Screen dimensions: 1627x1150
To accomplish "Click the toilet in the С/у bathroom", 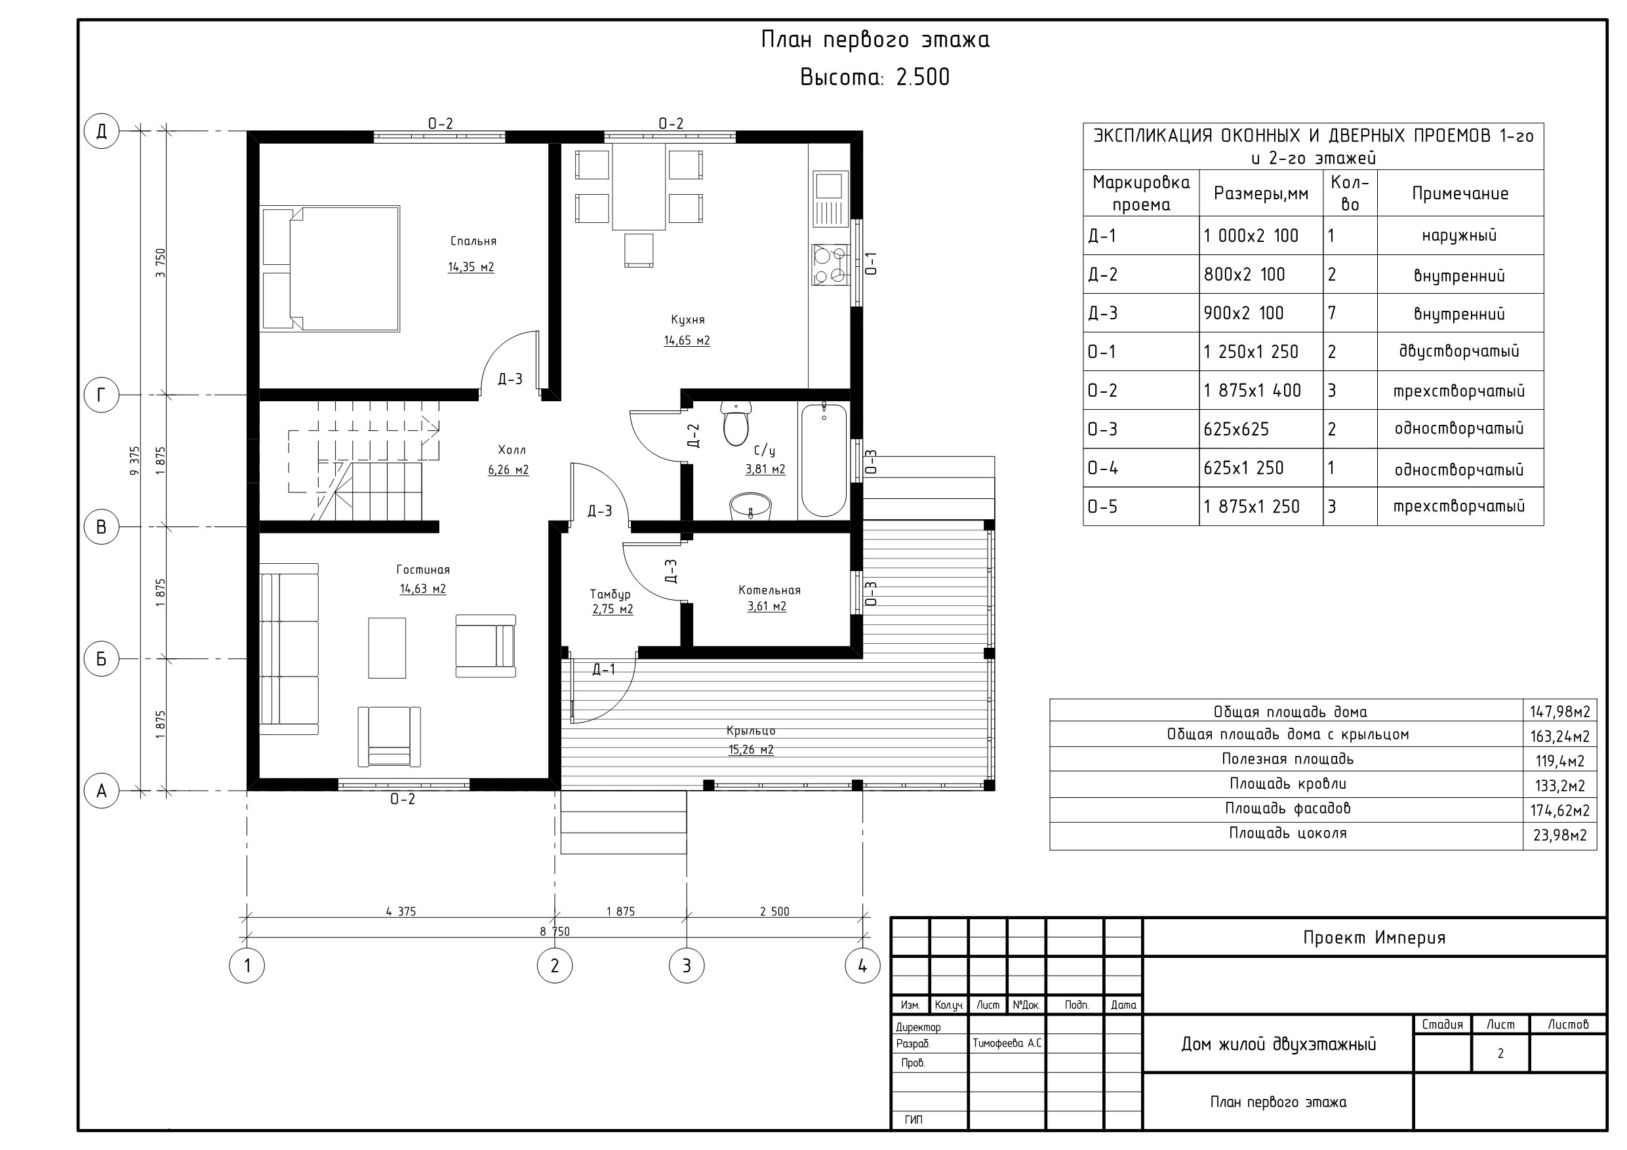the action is (x=736, y=424).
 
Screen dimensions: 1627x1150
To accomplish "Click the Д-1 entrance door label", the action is (x=604, y=669).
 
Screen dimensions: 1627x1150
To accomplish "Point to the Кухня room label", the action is (x=688, y=319).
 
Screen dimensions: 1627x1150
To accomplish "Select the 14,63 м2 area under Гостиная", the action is (x=423, y=589).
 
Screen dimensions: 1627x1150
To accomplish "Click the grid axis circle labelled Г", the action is (x=102, y=395).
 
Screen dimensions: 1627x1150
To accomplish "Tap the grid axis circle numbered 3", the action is (x=687, y=965).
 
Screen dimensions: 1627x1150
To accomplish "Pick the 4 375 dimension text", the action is (x=401, y=912).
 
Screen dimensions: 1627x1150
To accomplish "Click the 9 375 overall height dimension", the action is (x=134, y=460).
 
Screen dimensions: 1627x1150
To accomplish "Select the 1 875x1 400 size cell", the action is (x=1252, y=390).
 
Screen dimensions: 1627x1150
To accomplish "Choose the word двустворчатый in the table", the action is (x=1459, y=351).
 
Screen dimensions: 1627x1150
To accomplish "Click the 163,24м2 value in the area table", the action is (x=1559, y=736).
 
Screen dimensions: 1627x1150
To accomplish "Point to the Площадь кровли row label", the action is (x=1287, y=783).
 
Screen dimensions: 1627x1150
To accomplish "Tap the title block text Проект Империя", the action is (x=1374, y=938).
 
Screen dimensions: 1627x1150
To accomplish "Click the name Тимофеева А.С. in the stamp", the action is (x=1007, y=1044).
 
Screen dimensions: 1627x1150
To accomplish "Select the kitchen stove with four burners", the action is (x=830, y=264).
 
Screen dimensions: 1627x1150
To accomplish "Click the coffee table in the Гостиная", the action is (x=387, y=648).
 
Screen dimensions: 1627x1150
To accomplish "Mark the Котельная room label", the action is (x=770, y=590).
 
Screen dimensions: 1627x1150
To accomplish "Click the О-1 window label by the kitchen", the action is (x=872, y=263).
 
